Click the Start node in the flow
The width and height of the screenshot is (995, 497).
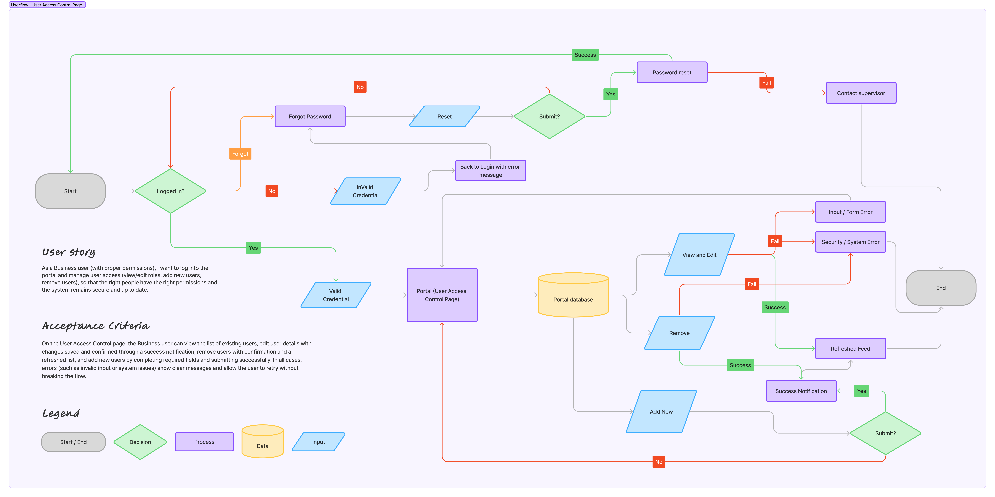[x=70, y=191]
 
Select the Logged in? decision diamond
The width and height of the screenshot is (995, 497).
[x=170, y=191]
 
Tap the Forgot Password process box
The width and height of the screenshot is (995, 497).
[x=310, y=116]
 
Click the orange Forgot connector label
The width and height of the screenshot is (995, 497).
[x=240, y=154]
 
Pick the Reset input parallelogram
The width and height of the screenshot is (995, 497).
[x=444, y=116]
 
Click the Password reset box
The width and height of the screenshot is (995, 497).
[x=672, y=72]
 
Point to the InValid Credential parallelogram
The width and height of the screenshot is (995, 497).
[x=365, y=191]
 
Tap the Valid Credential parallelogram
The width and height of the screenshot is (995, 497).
[x=336, y=295]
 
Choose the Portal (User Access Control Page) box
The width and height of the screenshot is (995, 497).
[x=442, y=295]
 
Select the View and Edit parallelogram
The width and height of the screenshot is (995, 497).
[x=699, y=255]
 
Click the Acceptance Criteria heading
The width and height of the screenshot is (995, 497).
[x=96, y=326]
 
